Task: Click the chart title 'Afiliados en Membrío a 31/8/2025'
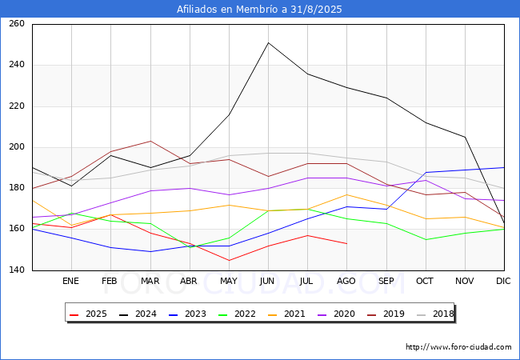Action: click(259, 10)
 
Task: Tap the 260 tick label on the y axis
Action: click(17, 23)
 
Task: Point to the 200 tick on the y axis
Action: click(17, 147)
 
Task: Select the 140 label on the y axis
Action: click(17, 270)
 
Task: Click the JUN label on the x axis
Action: click(267, 281)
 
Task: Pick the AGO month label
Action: click(346, 281)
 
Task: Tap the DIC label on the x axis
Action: click(503, 281)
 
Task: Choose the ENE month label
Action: click(70, 281)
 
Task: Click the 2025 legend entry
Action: click(88, 314)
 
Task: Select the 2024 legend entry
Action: click(138, 314)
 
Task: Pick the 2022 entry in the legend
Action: click(237, 314)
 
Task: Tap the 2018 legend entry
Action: click(435, 314)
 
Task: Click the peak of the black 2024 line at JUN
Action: click(268, 42)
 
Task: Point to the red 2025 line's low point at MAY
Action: click(229, 260)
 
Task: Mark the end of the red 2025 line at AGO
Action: click(347, 244)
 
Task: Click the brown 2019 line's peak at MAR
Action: click(150, 142)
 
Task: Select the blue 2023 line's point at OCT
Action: click(426, 172)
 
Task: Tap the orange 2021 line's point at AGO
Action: click(347, 194)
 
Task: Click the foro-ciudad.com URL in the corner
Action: click(458, 347)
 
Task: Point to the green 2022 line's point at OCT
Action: click(426, 240)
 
